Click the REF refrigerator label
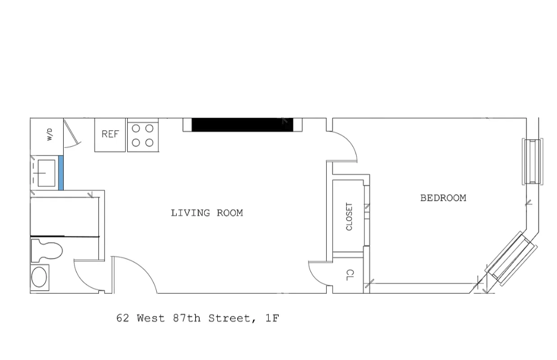110,134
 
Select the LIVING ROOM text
207,213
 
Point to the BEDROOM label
443,198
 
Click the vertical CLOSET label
349,217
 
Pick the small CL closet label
349,274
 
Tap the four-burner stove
143,135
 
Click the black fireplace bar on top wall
242,125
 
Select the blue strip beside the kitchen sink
61,172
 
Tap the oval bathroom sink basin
39,277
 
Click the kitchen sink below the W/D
45,172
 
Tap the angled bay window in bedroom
510,259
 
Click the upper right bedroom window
532,161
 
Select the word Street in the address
228,318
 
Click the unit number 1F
272,318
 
